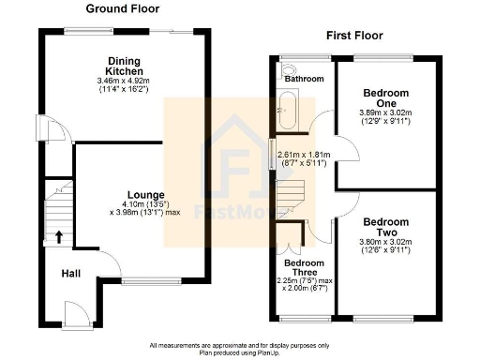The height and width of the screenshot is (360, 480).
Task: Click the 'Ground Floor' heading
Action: (x=123, y=8)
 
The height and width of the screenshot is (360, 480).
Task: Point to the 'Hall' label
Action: (x=70, y=273)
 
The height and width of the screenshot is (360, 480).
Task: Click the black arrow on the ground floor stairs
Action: (x=59, y=236)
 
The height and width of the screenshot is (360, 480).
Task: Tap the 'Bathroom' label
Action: (x=305, y=80)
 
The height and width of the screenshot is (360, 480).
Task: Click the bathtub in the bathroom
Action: (x=285, y=112)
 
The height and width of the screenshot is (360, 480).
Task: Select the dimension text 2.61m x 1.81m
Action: (x=303, y=155)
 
